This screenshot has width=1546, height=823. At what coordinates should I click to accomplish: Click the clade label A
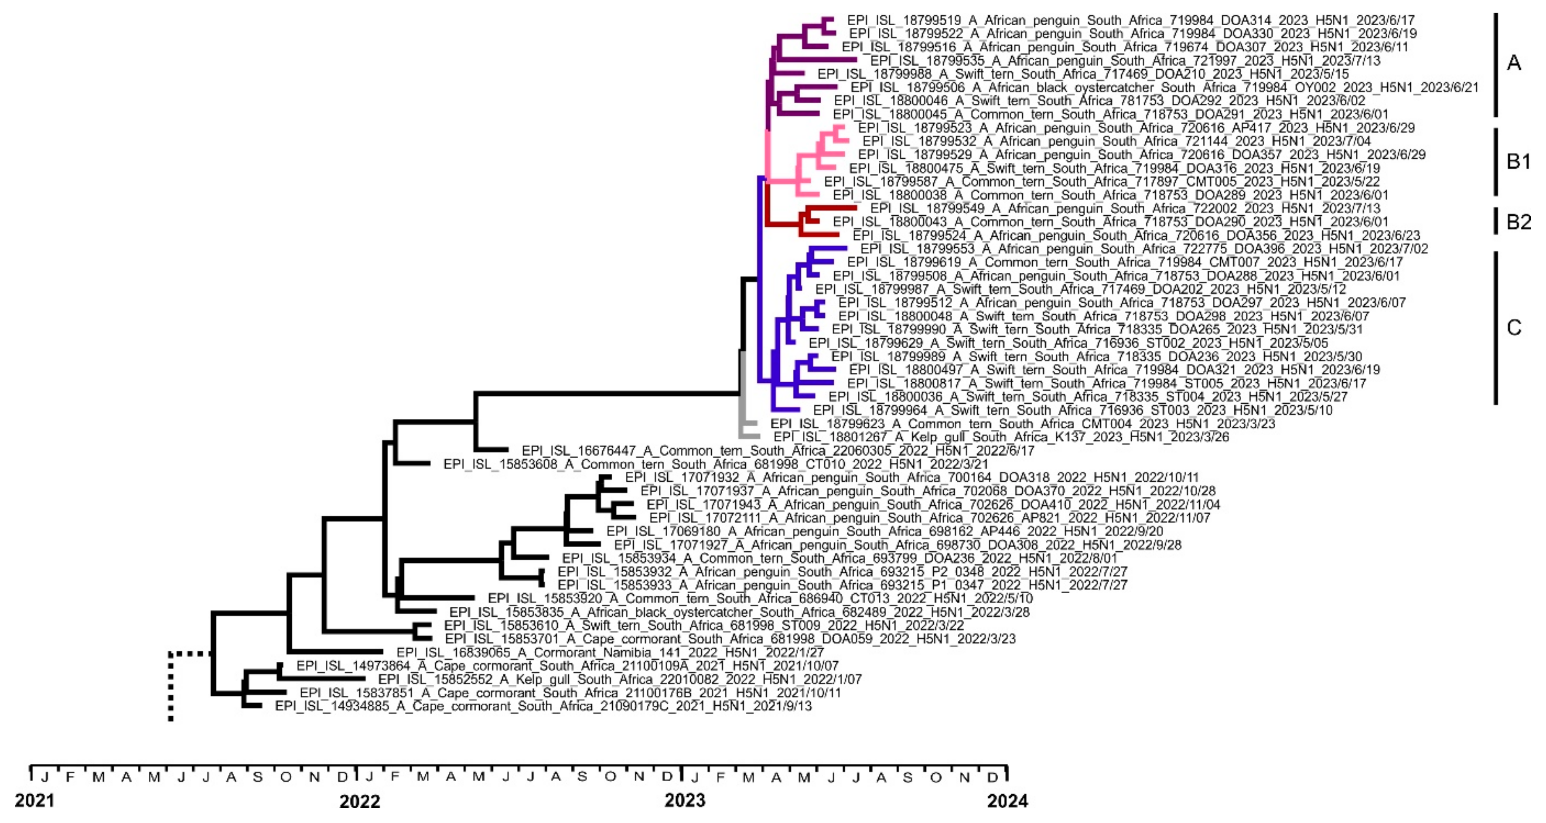1514,62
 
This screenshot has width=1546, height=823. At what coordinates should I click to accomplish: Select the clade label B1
1519,161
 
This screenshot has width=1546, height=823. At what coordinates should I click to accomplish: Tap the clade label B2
1519,222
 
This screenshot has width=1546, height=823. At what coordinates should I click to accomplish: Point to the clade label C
1514,327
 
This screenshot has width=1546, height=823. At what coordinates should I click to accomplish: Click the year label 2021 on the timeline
34,801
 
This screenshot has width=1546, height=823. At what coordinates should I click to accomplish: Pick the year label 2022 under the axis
359,801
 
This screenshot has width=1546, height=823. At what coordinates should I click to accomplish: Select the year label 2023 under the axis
685,800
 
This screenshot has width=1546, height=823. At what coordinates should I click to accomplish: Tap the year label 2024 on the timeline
1008,801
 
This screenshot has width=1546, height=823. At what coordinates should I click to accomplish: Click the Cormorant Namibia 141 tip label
610,652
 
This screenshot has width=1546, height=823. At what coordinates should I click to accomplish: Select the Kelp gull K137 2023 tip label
1000,437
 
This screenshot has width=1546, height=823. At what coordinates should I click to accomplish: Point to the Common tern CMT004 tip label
1022,424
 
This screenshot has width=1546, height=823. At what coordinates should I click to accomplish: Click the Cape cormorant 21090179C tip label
543,706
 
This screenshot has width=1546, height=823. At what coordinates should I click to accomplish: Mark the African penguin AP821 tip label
929,518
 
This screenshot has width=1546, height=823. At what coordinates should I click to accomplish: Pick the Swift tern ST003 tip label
1072,410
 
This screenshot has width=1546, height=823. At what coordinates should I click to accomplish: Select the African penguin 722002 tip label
1125,209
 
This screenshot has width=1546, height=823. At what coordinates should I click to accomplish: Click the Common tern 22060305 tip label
778,450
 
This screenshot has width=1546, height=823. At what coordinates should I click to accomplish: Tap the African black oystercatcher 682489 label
739,612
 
